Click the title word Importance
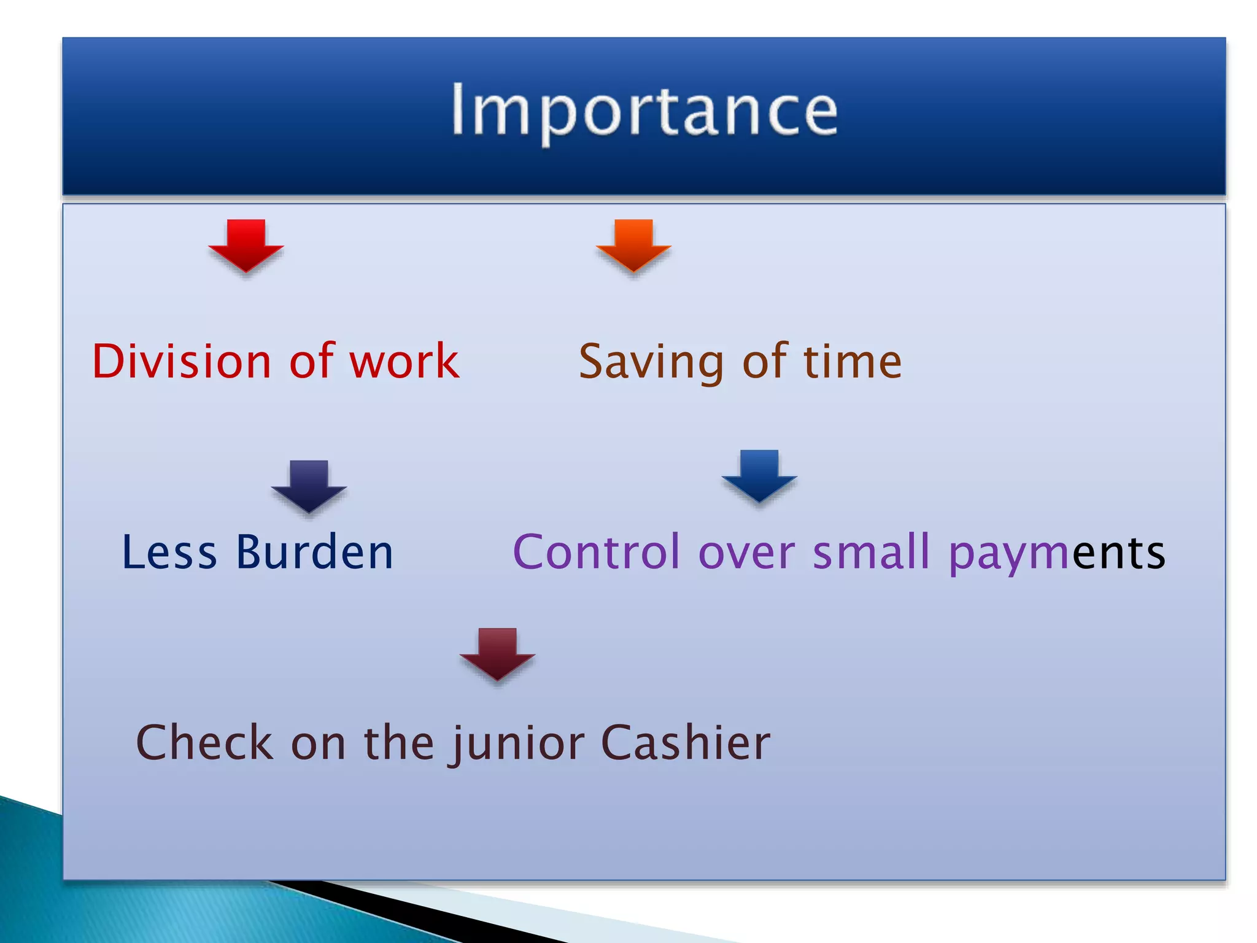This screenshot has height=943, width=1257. click(x=644, y=111)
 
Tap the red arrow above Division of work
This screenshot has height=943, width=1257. click(x=246, y=246)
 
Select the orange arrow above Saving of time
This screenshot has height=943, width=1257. click(x=633, y=246)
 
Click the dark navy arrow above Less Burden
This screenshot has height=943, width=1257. click(x=309, y=486)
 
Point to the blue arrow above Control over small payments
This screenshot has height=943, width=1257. click(x=759, y=476)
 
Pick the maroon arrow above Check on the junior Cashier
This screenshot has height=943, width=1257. click(x=497, y=654)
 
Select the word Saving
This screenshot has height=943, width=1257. click(x=652, y=362)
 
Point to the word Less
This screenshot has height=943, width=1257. click(x=169, y=552)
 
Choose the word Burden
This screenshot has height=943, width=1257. click(x=314, y=552)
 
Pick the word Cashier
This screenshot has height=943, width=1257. click(x=685, y=742)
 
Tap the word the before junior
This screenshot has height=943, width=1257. click(x=400, y=742)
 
